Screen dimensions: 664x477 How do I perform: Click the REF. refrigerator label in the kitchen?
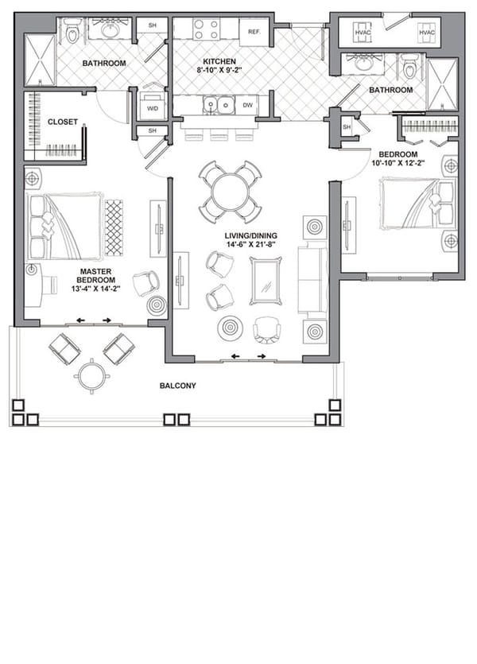[x=255, y=32]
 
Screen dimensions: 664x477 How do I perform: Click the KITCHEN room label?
[x=217, y=62]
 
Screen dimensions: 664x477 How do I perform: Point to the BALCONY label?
[x=178, y=386]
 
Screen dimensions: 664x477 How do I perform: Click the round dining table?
[x=230, y=191]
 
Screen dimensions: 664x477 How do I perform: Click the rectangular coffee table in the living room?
[x=266, y=280]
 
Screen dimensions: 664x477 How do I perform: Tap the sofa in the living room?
[x=312, y=274]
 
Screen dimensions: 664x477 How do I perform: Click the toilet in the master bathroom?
[x=74, y=31]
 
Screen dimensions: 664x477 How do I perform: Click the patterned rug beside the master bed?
[x=114, y=227]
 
